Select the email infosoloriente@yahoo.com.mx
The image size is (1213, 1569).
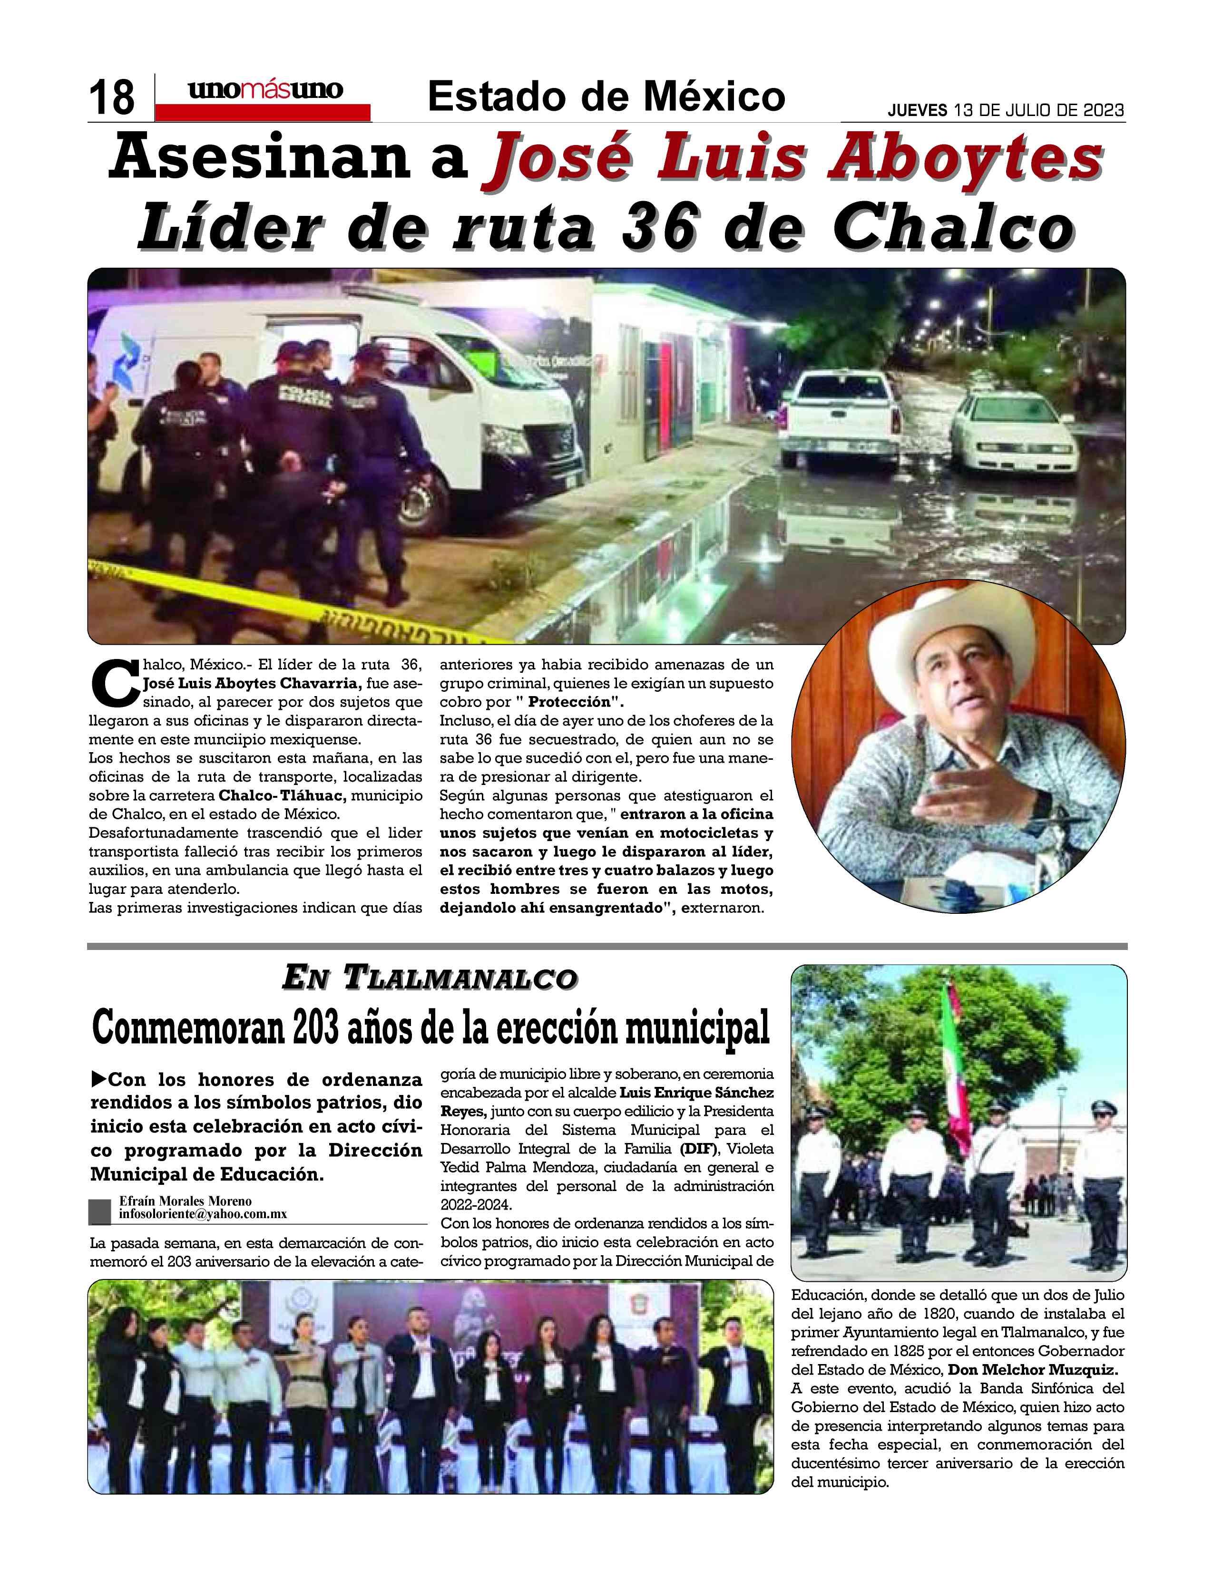(204, 1214)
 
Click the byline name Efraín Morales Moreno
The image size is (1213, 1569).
(186, 1201)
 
